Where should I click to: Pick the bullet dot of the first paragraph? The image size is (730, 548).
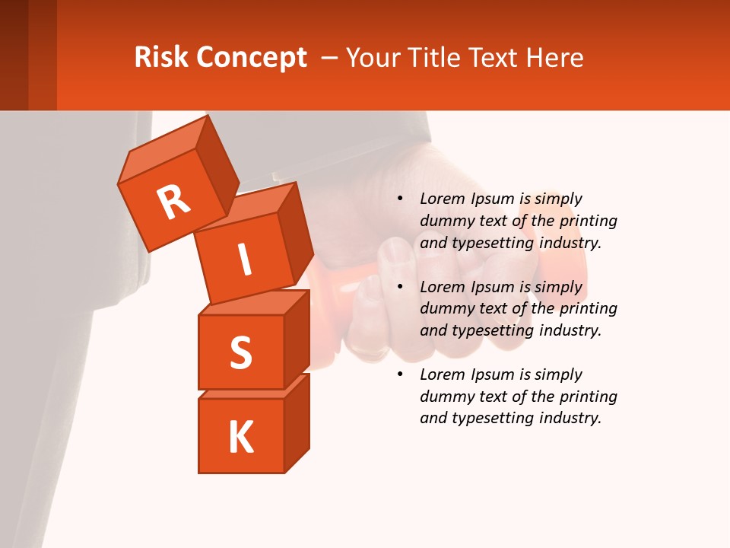400,199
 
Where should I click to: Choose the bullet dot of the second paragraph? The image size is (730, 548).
400,288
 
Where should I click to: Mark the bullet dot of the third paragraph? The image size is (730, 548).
400,375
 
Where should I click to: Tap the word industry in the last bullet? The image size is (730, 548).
570,418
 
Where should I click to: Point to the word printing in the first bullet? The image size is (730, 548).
588,221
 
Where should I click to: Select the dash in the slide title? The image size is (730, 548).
329,58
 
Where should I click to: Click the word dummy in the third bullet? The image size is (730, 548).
445,397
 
